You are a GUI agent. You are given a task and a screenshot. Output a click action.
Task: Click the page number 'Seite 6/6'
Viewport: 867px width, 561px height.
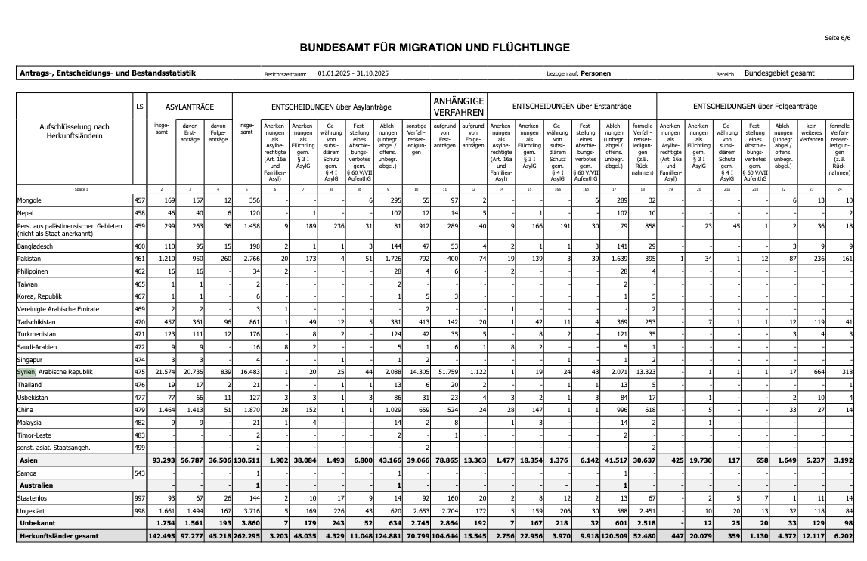(x=839, y=37)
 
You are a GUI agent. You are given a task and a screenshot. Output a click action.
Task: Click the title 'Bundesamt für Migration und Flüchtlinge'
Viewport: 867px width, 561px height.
(x=435, y=48)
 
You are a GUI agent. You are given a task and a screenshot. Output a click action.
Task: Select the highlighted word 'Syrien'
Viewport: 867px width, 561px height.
(x=26, y=373)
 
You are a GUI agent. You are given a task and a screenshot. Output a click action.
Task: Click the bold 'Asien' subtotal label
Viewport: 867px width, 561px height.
(x=29, y=460)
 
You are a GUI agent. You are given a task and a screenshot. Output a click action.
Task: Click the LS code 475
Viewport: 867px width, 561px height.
(x=139, y=373)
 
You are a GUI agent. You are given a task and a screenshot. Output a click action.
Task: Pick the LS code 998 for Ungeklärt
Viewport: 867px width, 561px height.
(x=139, y=511)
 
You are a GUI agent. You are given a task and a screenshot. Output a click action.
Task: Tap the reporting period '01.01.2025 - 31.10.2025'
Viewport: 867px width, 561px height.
(x=352, y=74)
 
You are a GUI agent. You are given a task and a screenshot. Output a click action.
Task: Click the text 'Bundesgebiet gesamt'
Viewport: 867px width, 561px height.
(x=779, y=73)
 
